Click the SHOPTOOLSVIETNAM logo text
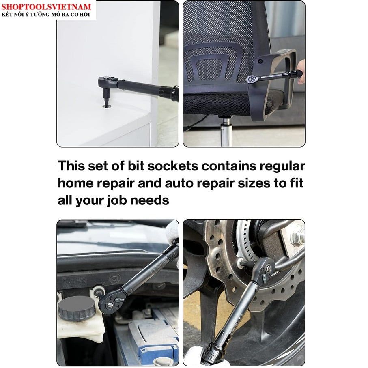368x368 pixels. [x=46, y=6]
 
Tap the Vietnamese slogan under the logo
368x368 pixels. [x=46, y=15]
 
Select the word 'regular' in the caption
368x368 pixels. [x=282, y=167]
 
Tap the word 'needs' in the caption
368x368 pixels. [x=149, y=200]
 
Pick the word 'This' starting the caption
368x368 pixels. [x=71, y=166]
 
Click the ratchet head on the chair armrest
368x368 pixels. [x=252, y=79]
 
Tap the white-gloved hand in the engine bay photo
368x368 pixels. [x=173, y=232]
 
